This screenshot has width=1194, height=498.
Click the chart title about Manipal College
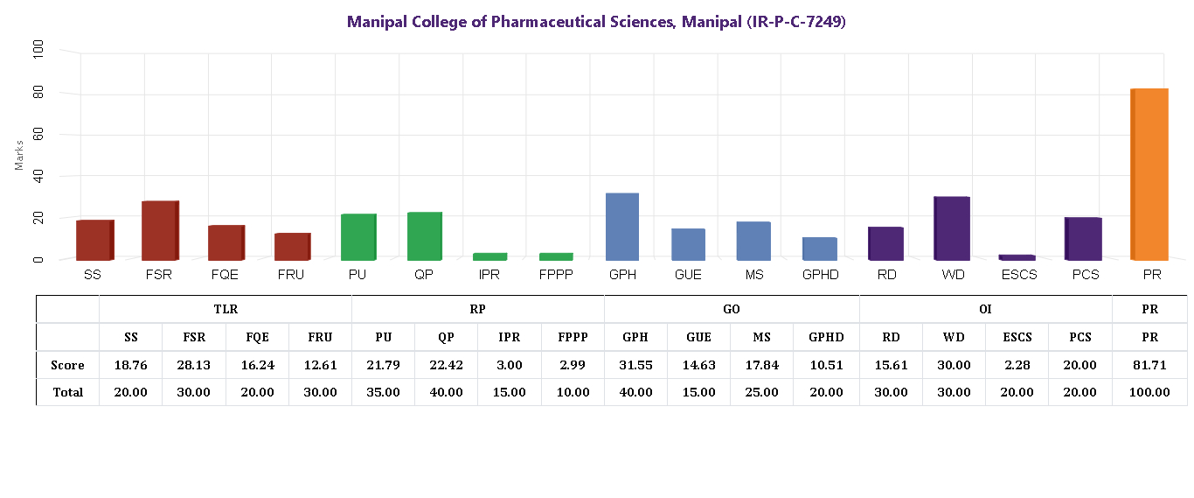(596, 22)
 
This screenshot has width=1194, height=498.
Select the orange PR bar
(1149, 174)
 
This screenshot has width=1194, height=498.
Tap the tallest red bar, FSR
(160, 230)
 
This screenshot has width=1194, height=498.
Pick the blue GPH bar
(621, 227)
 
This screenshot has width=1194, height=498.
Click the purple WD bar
(951, 228)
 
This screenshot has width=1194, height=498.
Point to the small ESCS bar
(1017, 257)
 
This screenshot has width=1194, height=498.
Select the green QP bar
(424, 236)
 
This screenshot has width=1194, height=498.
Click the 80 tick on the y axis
(37, 93)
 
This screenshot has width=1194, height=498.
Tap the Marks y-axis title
(19, 154)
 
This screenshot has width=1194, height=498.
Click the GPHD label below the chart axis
(820, 275)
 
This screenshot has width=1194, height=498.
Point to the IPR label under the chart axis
(489, 275)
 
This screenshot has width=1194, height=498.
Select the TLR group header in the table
(226, 309)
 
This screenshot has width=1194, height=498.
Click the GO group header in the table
(732, 309)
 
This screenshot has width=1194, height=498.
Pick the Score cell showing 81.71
(1149, 365)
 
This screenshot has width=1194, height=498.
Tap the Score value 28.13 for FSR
(193, 365)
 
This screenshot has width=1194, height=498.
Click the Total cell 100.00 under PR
(1149, 392)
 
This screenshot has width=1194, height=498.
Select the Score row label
(67, 365)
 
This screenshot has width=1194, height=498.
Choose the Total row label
(67, 392)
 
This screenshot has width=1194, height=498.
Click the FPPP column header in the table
(573, 337)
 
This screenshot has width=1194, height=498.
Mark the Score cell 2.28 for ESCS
(1017, 365)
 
